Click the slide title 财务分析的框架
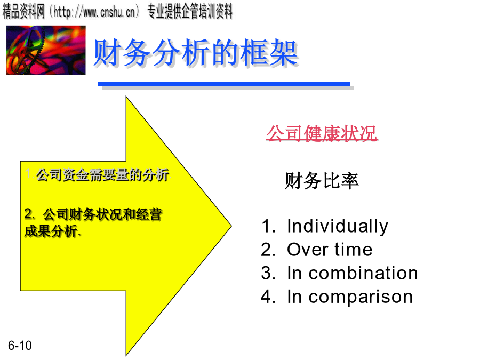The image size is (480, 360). (196, 53)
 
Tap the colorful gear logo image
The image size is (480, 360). (46, 50)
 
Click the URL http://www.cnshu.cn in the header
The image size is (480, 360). (94, 12)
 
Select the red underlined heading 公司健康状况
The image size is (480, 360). (322, 133)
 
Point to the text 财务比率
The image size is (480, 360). (322, 181)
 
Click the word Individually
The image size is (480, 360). (338, 227)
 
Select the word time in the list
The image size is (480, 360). (354, 249)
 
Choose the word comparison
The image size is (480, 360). (361, 297)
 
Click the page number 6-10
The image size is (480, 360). (20, 346)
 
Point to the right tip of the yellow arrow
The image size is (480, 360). (231, 226)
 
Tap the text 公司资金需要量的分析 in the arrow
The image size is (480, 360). (102, 175)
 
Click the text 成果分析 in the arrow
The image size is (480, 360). (51, 231)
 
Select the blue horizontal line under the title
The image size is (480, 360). (224, 84)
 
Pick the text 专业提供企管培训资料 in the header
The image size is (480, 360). (190, 12)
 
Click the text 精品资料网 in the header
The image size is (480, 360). (23, 12)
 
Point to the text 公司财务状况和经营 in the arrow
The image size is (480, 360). (102, 214)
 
